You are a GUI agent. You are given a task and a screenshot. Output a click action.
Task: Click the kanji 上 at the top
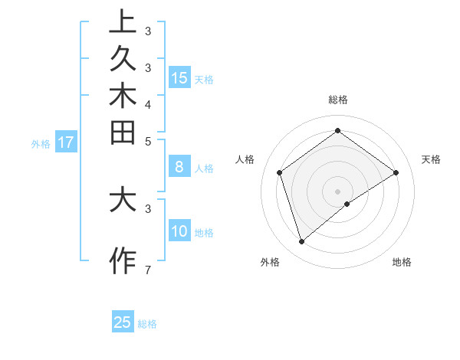(x=123, y=22)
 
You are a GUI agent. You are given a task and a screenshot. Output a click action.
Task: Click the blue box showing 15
(x=179, y=77)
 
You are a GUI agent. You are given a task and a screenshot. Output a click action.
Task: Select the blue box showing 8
(x=179, y=166)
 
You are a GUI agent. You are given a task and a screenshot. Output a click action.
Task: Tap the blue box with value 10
(x=179, y=231)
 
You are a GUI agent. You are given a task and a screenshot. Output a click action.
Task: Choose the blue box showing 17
(x=66, y=142)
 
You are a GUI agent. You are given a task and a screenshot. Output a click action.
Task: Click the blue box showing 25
(x=123, y=322)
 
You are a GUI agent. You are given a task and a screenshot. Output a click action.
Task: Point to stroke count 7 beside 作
(x=147, y=270)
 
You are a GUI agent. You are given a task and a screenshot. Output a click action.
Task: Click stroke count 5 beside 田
(x=147, y=141)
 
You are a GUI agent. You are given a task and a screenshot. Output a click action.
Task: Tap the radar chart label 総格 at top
(x=337, y=100)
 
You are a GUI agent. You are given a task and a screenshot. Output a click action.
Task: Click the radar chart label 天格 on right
(x=432, y=159)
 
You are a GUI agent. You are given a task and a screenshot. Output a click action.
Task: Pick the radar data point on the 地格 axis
(x=347, y=204)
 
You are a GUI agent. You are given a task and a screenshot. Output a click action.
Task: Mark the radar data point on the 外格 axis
(x=301, y=242)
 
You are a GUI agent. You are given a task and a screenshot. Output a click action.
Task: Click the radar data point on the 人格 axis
(x=280, y=172)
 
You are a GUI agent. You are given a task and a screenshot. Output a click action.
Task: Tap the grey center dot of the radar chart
(x=337, y=191)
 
